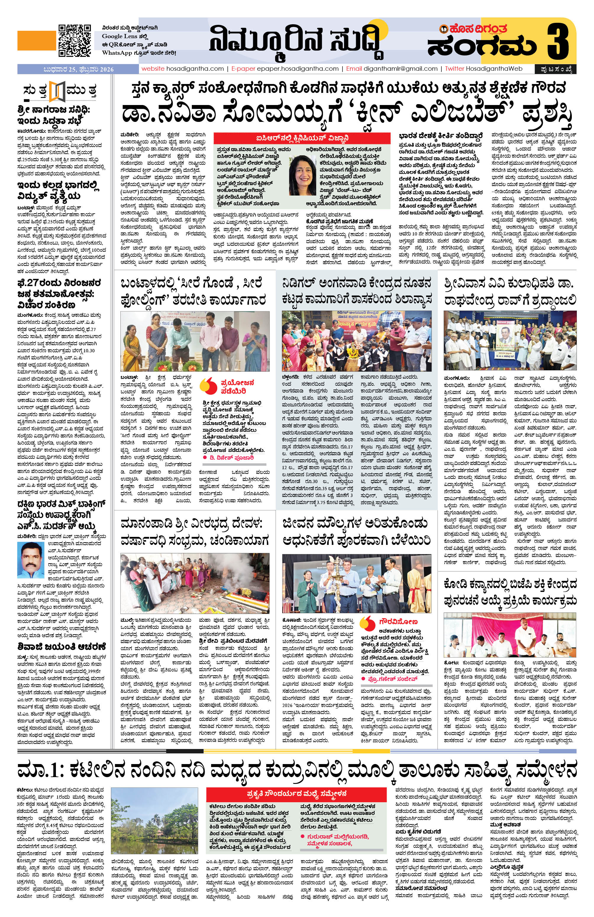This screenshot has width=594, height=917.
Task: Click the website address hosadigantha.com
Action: click(182, 69)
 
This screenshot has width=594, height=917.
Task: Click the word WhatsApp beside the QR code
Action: click(116, 52)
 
